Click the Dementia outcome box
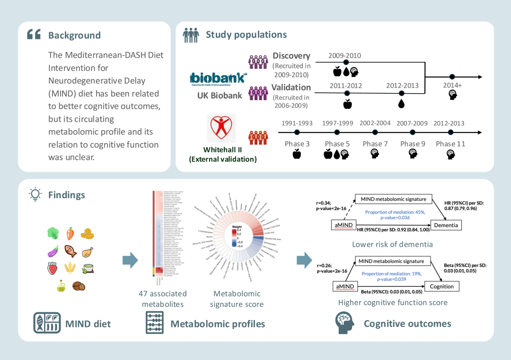tap(446, 225)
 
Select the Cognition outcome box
tap(441, 286)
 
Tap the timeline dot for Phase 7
tap(375, 132)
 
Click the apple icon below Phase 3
tap(297, 153)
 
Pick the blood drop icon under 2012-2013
tap(401, 103)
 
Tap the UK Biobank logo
tap(218, 79)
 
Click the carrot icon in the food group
tap(70, 233)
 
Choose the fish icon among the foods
tap(70, 251)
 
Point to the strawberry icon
tap(52, 268)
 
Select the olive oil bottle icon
tap(61, 286)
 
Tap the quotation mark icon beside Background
tap(34, 35)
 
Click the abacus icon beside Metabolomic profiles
tap(155, 323)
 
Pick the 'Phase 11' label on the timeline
tap(450, 144)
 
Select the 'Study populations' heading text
tap(246, 35)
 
